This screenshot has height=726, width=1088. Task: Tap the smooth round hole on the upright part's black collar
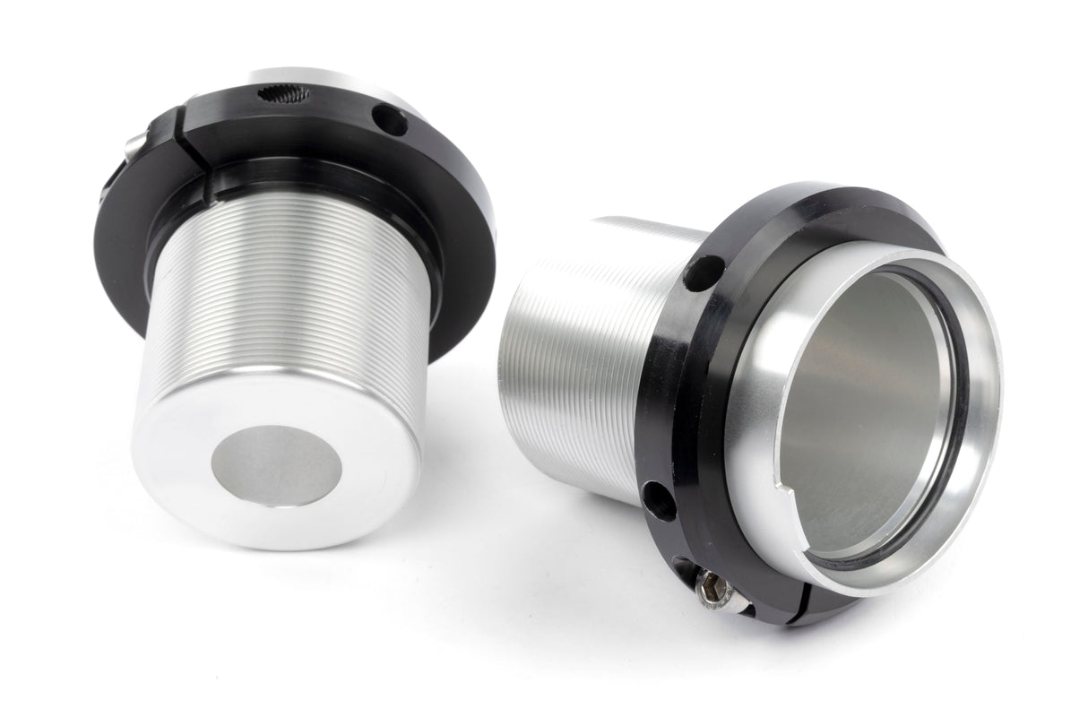(390, 120)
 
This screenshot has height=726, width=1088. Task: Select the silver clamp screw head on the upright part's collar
(132, 147)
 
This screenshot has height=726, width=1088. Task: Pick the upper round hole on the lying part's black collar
(704, 273)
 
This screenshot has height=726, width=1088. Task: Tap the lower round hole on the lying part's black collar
(659, 500)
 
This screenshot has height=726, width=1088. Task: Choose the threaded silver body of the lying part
(574, 359)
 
